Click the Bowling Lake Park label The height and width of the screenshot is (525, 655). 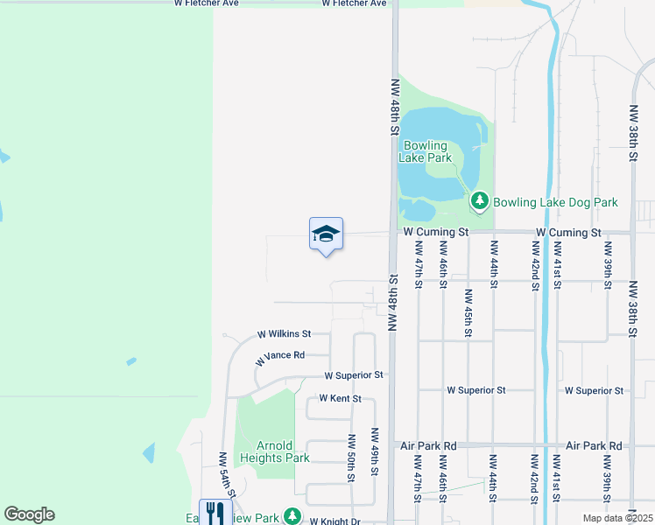[425, 151]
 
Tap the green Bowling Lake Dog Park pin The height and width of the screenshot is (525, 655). [479, 201]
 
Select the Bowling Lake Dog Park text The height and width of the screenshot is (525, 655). [555, 202]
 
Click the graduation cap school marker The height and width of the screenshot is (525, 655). [326, 234]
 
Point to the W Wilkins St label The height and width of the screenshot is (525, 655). [284, 334]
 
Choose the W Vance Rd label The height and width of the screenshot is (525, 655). [279, 357]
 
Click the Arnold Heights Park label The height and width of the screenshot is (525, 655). [275, 451]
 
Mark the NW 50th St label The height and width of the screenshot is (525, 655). [351, 458]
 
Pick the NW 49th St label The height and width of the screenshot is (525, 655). [374, 452]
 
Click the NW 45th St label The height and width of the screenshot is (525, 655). [468, 313]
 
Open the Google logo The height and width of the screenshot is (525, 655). [29, 514]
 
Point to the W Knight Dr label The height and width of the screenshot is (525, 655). [335, 521]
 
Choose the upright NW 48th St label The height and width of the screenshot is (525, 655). [395, 104]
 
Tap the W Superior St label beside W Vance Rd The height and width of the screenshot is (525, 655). [354, 375]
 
